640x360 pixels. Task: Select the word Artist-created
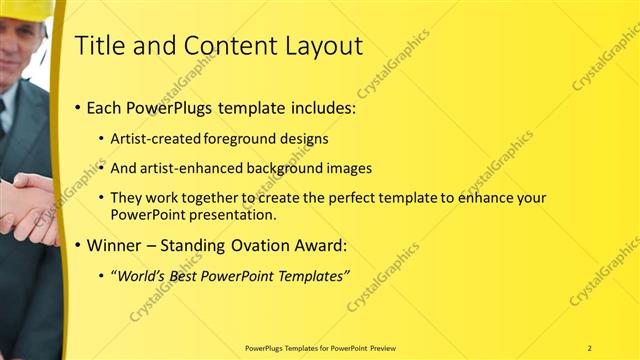[x=156, y=139]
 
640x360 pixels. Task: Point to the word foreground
[x=241, y=139]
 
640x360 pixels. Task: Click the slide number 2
[x=589, y=347]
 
